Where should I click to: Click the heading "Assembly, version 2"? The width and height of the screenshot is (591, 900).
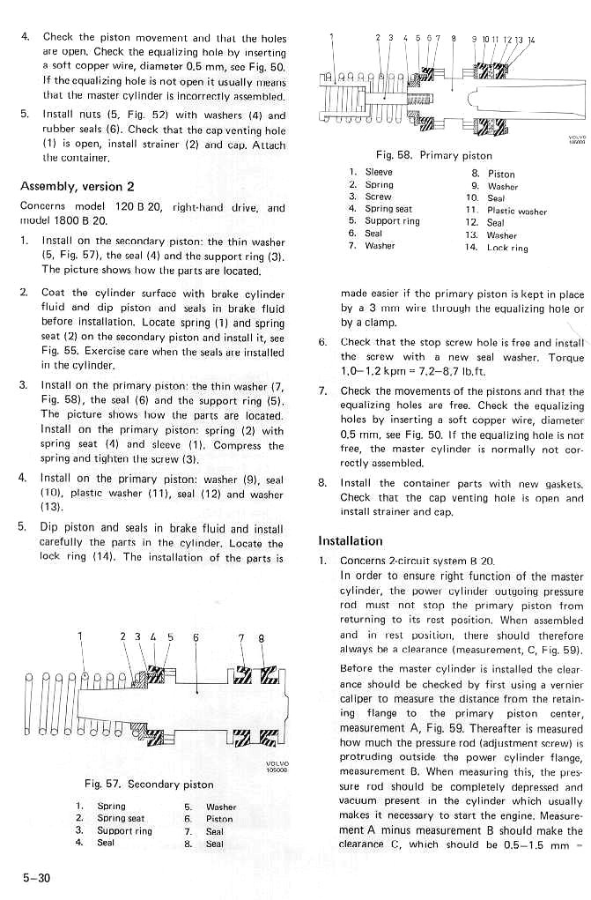click(77, 186)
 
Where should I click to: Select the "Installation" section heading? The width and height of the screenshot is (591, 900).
click(350, 540)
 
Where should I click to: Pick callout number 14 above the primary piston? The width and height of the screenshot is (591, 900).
click(530, 41)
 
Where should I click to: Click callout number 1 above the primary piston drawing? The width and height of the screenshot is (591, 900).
click(331, 38)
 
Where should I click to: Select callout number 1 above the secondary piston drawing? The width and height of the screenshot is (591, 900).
click(81, 636)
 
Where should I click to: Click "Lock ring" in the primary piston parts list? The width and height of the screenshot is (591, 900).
click(507, 248)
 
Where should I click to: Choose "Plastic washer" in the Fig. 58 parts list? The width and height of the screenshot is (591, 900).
click(516, 212)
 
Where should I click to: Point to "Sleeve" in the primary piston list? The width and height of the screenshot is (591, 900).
click(379, 173)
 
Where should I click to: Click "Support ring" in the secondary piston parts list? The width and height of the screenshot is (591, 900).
click(124, 830)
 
